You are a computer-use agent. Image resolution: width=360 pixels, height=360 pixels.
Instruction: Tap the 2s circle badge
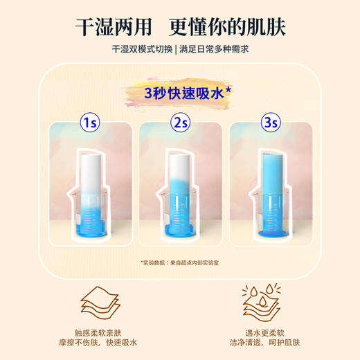(180, 123)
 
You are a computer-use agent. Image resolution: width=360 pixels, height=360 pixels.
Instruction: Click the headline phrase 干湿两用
(116, 26)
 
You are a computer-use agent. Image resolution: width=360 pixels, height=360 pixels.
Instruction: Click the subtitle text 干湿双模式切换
(139, 49)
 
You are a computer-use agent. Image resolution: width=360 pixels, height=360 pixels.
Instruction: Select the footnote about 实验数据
(179, 263)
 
